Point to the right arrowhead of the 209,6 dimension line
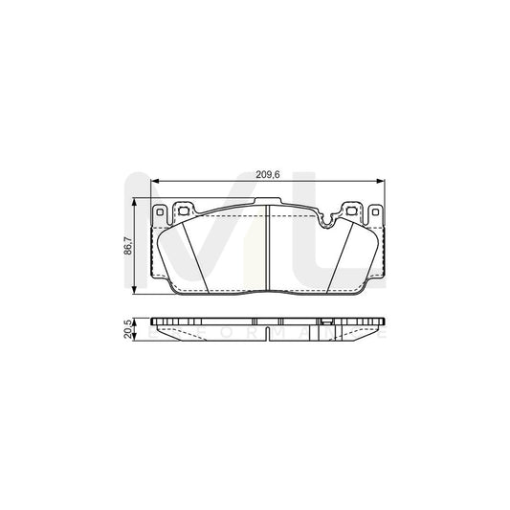tap(383, 182)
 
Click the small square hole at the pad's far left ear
tap(162, 211)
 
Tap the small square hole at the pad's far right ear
tap(376, 211)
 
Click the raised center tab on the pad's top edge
tap(268, 204)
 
